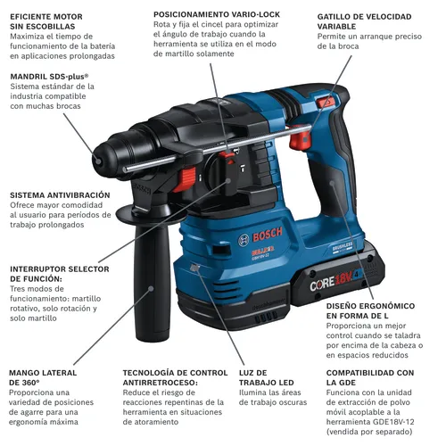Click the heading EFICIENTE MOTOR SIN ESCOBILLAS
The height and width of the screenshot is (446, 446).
(x=46, y=21)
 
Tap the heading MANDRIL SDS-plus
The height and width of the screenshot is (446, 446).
(x=49, y=77)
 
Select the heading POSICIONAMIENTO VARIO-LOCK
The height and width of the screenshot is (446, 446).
(x=217, y=14)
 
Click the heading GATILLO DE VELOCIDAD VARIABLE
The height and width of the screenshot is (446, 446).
(x=364, y=21)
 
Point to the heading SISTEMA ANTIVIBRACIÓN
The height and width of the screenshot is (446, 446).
(x=60, y=195)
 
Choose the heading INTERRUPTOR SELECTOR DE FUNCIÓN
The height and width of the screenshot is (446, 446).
(x=60, y=274)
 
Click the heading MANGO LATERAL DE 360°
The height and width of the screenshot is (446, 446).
(x=43, y=377)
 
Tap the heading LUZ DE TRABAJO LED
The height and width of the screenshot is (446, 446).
(x=267, y=377)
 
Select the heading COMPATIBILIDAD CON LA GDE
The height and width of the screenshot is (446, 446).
(x=370, y=377)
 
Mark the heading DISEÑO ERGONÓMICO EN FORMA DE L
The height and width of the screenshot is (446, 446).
(x=370, y=310)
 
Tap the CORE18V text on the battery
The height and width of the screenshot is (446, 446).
(x=331, y=282)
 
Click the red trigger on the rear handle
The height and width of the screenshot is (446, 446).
(x=301, y=137)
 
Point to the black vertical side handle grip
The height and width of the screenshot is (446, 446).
(x=153, y=283)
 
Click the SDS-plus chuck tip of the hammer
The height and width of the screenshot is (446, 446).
(x=97, y=161)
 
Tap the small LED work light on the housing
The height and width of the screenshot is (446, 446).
(x=194, y=268)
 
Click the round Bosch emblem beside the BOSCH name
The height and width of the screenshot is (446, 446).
(x=244, y=240)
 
